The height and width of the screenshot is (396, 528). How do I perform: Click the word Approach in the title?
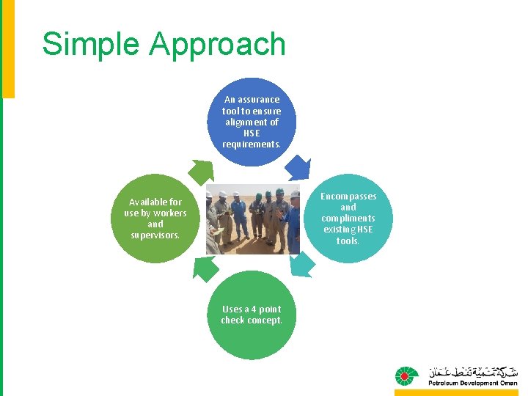(217, 45)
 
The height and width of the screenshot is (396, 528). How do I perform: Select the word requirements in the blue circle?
(251, 144)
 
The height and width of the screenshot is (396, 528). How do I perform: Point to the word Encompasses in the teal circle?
(348, 197)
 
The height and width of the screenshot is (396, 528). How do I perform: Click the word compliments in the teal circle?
(348, 219)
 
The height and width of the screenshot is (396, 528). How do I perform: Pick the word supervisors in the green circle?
(155, 235)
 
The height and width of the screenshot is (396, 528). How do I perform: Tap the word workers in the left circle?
(170, 213)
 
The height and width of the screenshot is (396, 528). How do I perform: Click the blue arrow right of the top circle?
(298, 169)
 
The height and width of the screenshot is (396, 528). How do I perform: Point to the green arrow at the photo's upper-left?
(200, 171)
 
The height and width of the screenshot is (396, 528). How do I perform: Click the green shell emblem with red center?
(407, 376)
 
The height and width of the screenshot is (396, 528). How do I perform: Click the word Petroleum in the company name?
(447, 383)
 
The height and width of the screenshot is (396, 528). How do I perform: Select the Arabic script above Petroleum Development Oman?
(472, 370)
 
